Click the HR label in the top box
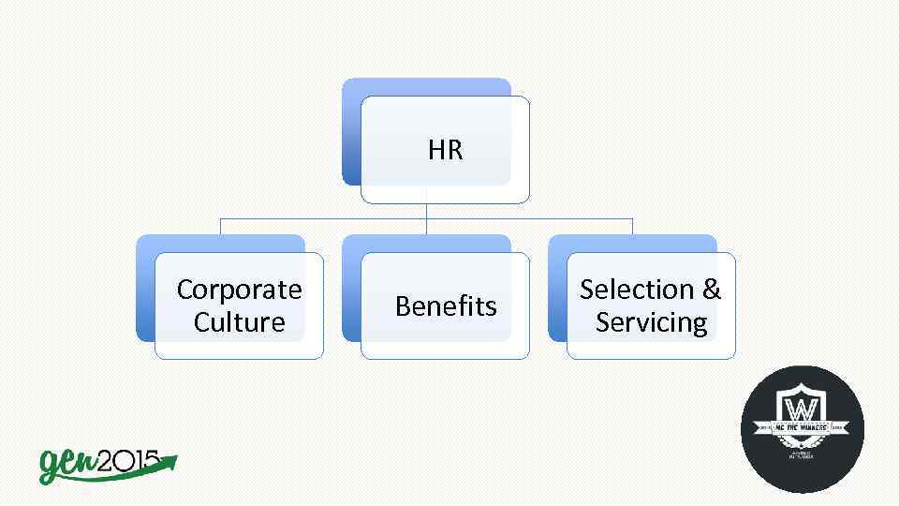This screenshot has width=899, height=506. click(445, 150)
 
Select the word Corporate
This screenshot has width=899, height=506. click(239, 290)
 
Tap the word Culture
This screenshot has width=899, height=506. click(239, 322)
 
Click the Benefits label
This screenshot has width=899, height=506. click(445, 306)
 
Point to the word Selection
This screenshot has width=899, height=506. click(636, 290)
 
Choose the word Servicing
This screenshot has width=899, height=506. click(651, 322)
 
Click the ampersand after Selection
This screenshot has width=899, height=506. click(712, 290)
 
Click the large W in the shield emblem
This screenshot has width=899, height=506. click(802, 410)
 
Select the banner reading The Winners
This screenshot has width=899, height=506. click(803, 428)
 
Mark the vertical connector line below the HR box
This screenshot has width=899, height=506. click(426, 211)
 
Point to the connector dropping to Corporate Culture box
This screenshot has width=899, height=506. click(220, 226)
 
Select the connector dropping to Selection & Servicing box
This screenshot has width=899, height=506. click(632, 226)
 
